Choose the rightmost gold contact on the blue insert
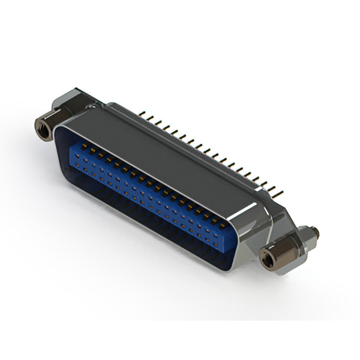tap(223, 224)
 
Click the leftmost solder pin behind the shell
tap(142, 114)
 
